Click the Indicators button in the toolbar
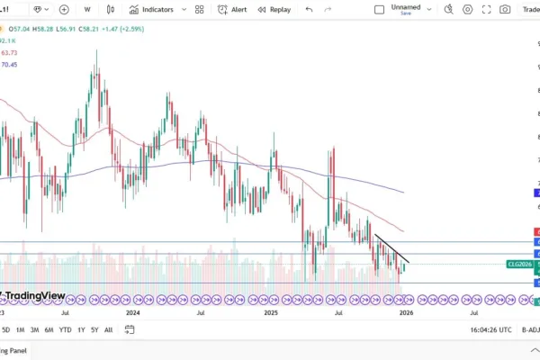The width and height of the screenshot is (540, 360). pos(151,9)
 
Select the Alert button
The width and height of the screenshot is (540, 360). pos(233,9)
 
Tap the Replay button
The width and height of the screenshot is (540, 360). pos(274,9)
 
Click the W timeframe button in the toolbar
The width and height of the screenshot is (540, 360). pos(87,9)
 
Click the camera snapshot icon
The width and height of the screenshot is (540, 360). pos(505,9)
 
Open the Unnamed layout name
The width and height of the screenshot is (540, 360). pos(405,6)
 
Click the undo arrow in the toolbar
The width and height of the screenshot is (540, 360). pos(309,9)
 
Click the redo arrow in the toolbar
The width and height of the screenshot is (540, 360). pos(333,9)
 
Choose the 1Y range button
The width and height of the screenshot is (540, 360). pos(81,329)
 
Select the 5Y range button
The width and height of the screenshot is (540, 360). pos(95,329)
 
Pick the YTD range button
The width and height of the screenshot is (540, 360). pos(65,329)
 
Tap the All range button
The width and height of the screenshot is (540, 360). pos(109,329)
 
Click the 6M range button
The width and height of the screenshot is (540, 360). pos(48,329)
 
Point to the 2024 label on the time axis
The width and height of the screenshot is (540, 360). pos(133,313)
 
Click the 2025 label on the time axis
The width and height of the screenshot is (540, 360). pos(271,313)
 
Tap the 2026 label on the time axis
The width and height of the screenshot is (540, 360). pos(407,313)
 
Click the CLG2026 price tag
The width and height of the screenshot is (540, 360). pos(519,264)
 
